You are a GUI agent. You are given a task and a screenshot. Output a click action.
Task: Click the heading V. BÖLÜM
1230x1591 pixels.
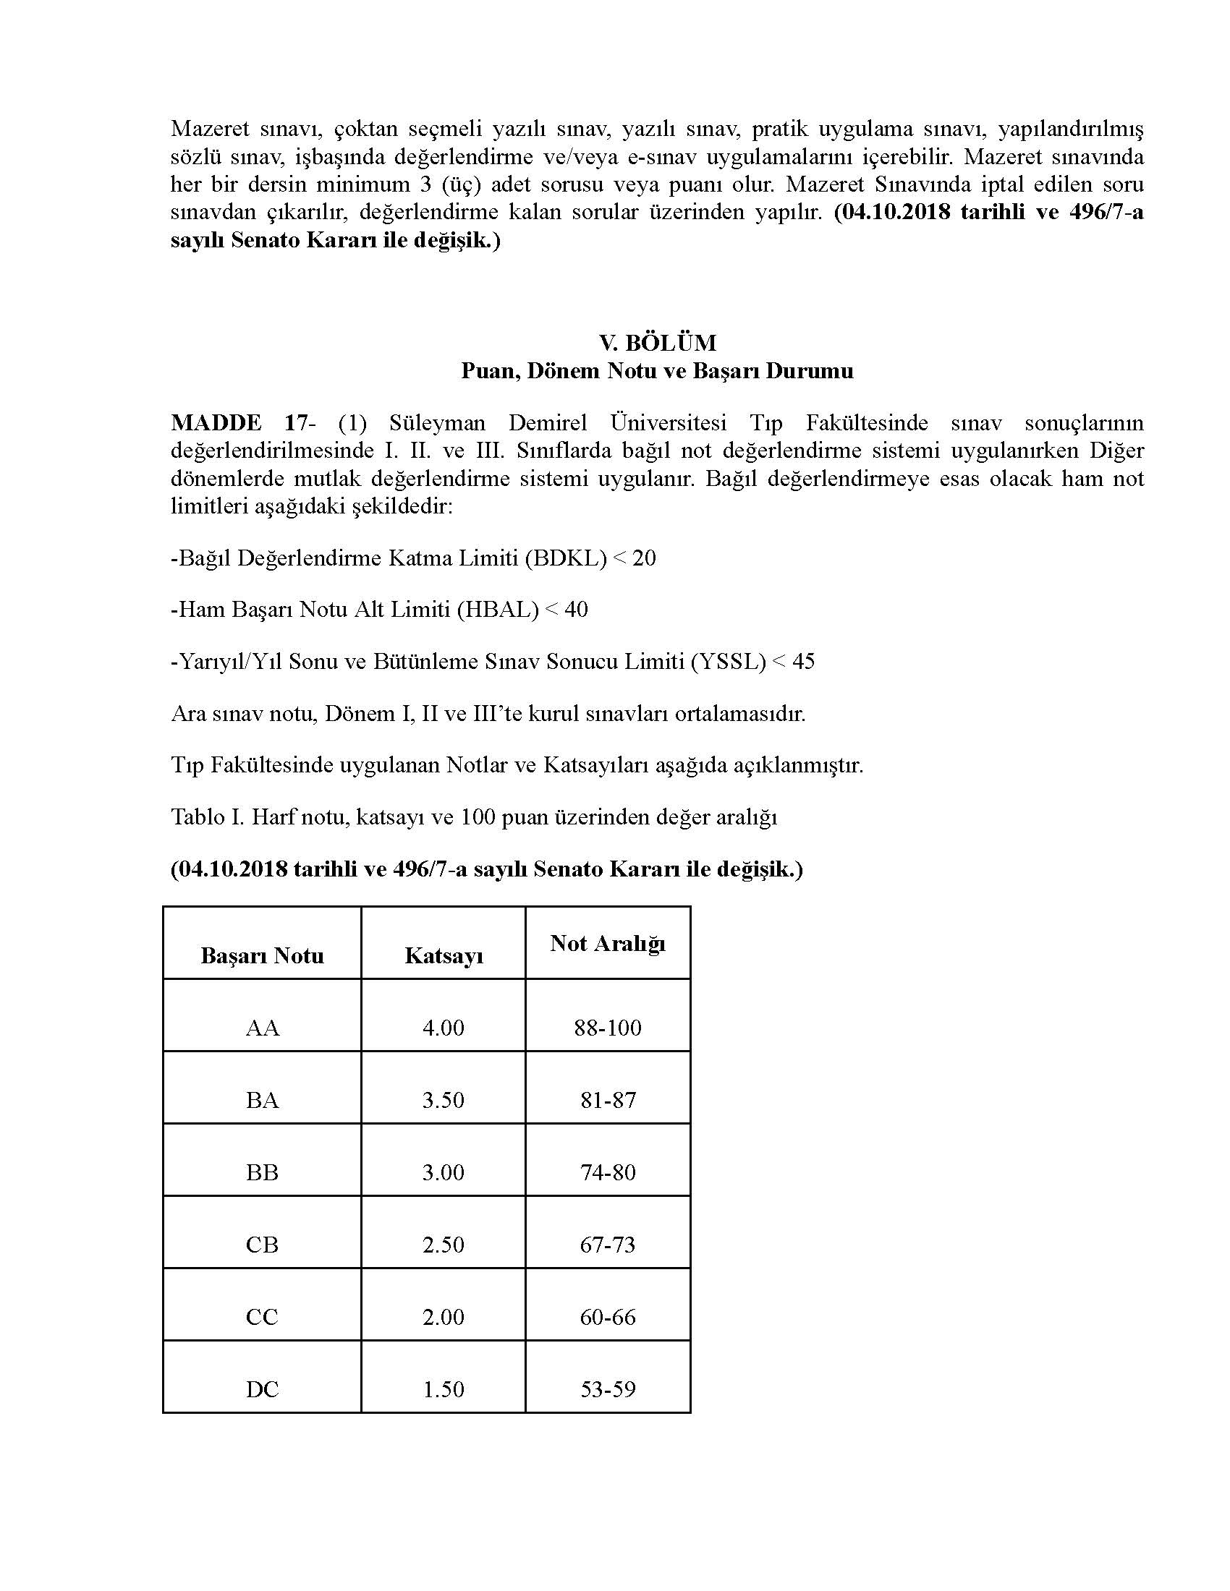[657, 342]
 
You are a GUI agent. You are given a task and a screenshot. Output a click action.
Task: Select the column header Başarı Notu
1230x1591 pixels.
[263, 955]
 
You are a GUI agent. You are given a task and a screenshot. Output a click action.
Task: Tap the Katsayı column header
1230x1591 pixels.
[444, 955]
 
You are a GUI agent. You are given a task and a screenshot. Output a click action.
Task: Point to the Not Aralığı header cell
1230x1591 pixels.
[608, 943]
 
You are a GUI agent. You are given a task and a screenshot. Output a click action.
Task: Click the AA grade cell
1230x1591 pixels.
[263, 1027]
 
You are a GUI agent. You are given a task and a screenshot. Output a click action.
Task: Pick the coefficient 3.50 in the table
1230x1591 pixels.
[443, 1099]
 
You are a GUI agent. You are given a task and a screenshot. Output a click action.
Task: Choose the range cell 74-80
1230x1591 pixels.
[608, 1172]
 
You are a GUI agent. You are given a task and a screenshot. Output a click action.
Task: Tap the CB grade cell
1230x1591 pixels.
[263, 1244]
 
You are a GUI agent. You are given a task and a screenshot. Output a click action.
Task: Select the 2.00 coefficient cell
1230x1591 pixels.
[443, 1316]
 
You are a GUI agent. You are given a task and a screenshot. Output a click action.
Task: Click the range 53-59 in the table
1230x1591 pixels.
[608, 1389]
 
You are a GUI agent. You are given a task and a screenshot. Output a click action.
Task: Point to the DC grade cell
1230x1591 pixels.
[263, 1389]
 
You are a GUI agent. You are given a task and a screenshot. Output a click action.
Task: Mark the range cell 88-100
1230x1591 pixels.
[608, 1027]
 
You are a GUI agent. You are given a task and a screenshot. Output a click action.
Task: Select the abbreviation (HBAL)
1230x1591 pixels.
[498, 610]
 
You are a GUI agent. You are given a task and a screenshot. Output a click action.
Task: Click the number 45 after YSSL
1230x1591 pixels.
[802, 662]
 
